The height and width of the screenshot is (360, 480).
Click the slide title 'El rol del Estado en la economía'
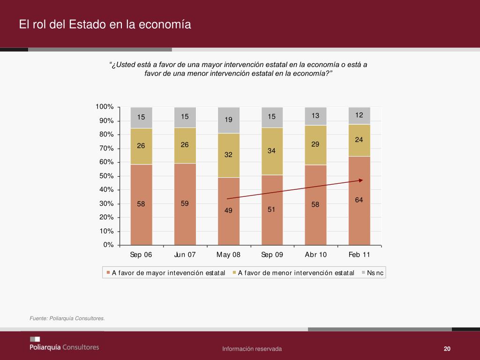(x=105, y=24)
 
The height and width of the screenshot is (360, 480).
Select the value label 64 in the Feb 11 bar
(x=359, y=200)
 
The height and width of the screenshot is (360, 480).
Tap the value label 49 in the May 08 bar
(x=228, y=210)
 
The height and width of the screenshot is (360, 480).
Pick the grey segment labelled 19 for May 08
(x=228, y=120)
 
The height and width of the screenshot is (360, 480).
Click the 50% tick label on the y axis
(x=107, y=176)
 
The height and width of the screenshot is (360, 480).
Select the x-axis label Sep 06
(x=141, y=255)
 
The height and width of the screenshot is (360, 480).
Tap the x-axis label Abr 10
(x=315, y=255)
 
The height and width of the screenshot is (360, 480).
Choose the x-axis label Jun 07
(x=185, y=255)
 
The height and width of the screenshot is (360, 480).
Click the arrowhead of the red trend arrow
(x=361, y=180)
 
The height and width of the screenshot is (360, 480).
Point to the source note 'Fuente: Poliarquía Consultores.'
(x=67, y=319)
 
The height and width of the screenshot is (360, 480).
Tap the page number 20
(x=447, y=349)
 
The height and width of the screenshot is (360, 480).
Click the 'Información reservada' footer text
(x=252, y=349)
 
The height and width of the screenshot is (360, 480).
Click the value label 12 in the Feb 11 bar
(x=359, y=115)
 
